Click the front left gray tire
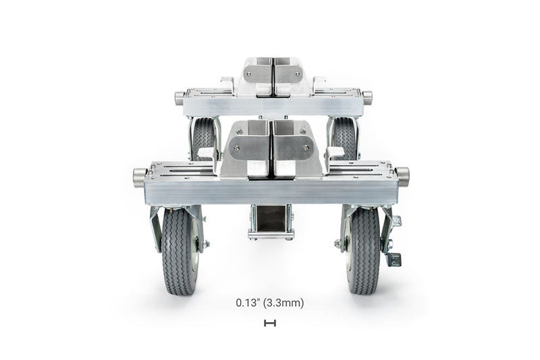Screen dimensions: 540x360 179,251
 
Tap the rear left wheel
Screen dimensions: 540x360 204,138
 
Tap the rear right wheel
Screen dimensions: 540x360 344,138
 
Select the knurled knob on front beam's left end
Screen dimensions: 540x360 140,176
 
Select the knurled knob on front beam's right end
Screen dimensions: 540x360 402,176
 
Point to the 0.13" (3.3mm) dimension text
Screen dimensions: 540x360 270,303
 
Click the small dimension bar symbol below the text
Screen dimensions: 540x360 270,323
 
